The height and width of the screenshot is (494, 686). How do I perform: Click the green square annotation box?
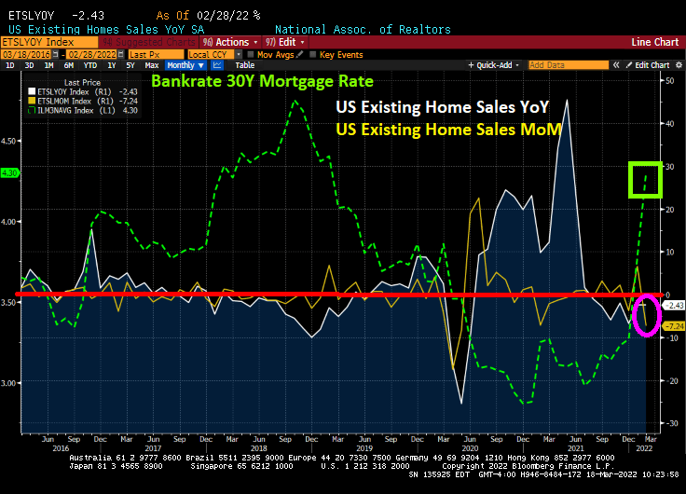(645, 180)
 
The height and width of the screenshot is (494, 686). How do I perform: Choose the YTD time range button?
(90, 65)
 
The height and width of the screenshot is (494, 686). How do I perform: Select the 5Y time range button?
(130, 65)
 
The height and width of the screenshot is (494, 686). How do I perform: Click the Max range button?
(152, 65)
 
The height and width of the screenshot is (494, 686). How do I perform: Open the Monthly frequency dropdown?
(184, 65)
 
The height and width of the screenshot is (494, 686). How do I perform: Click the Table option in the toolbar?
(244, 65)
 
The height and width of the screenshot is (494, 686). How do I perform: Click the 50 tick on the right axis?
(667, 81)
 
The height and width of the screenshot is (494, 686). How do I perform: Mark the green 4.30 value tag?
(11, 172)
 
